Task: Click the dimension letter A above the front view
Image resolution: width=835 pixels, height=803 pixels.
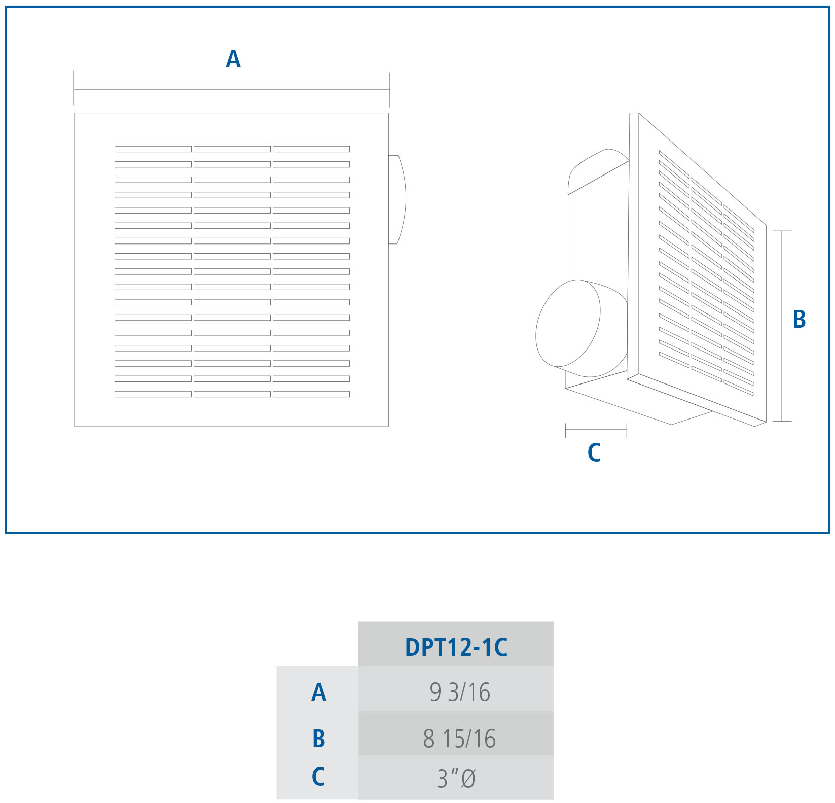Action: click(x=233, y=59)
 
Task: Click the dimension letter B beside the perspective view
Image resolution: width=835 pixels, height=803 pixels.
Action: click(x=799, y=319)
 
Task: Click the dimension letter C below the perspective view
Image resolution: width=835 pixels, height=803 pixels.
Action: click(x=594, y=452)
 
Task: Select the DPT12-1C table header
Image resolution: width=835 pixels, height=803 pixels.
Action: click(x=456, y=647)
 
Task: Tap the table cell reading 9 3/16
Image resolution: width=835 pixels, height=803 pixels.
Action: click(x=460, y=692)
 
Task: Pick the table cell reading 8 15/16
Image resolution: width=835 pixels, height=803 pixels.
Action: click(x=459, y=738)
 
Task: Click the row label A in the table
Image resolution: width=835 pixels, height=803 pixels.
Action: click(x=318, y=692)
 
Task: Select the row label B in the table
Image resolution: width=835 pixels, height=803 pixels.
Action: click(x=318, y=739)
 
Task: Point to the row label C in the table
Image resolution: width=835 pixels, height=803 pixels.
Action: click(x=318, y=777)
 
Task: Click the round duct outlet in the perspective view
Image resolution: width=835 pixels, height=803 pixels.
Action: click(x=568, y=324)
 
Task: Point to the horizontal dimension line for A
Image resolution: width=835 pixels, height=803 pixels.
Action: click(x=232, y=90)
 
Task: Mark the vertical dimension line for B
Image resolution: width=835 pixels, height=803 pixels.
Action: click(x=782, y=326)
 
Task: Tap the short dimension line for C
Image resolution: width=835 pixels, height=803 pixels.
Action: click(x=596, y=430)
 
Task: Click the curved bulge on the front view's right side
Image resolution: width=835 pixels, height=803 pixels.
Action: click(x=397, y=199)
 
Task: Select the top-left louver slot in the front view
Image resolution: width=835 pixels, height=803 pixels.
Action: click(x=153, y=149)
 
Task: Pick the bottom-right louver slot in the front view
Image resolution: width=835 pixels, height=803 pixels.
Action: click(x=311, y=394)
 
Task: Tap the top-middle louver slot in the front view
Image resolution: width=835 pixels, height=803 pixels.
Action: click(x=232, y=149)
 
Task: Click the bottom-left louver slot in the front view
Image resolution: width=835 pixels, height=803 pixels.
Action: click(x=153, y=394)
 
